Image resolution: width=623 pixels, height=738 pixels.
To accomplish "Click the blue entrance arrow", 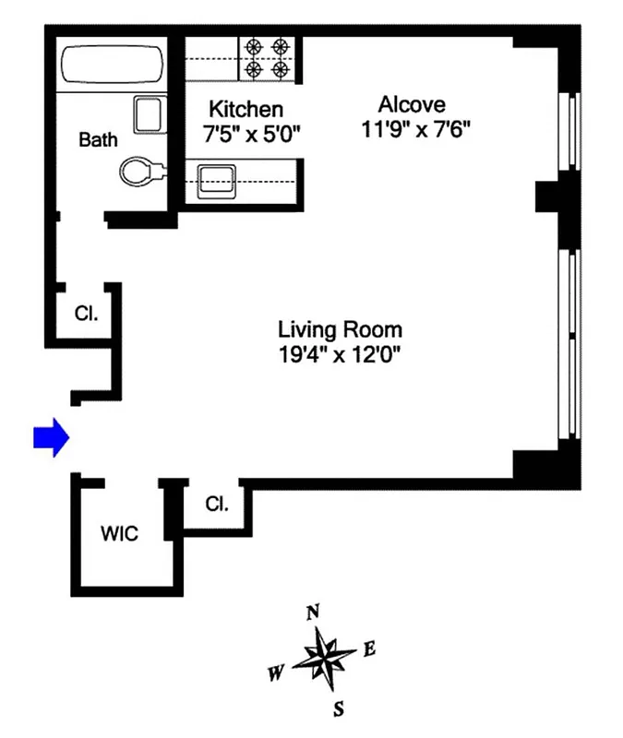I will pyautogui.click(x=52, y=437).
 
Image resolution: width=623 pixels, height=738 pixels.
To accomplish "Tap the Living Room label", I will pyautogui.click(x=341, y=329).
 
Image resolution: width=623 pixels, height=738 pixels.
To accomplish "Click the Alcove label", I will pyautogui.click(x=416, y=104).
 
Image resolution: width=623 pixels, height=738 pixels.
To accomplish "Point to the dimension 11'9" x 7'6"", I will pyautogui.click(x=416, y=129).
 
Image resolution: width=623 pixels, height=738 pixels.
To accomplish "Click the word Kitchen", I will pyautogui.click(x=245, y=109).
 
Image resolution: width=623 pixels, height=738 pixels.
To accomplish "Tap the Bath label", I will pyautogui.click(x=98, y=140).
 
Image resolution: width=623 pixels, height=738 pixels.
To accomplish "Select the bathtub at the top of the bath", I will pyautogui.click(x=112, y=66).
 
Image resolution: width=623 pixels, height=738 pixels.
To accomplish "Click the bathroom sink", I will pyautogui.click(x=148, y=115).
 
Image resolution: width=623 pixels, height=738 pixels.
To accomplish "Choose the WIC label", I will pyautogui.click(x=119, y=534).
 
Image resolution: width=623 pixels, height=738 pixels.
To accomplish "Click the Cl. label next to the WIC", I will pyautogui.click(x=216, y=504).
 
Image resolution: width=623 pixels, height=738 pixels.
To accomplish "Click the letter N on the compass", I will pyautogui.click(x=313, y=612).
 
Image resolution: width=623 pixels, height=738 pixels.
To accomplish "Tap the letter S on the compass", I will pyautogui.click(x=339, y=708).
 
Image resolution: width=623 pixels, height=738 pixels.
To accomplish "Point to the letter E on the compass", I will pyautogui.click(x=369, y=649).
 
